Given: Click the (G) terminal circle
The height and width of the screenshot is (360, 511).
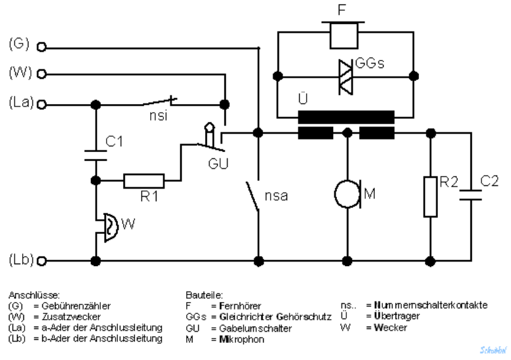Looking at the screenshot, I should (42, 47).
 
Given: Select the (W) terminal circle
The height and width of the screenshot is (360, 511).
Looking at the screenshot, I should (42, 74).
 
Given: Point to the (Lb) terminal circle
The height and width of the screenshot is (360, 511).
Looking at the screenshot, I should (42, 260).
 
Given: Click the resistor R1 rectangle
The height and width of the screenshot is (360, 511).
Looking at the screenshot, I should (144, 182).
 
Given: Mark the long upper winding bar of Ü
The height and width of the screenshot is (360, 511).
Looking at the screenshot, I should (346, 117).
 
